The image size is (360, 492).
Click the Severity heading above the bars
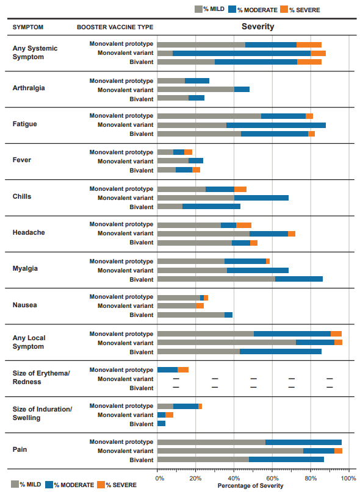(257, 27)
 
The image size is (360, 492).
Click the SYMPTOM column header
(28, 27)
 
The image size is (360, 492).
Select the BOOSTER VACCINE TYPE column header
(115, 27)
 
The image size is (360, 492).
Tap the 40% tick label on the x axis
(234, 479)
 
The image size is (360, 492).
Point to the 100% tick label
(348, 479)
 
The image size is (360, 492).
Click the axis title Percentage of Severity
(250, 486)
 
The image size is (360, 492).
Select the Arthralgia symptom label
(29, 88)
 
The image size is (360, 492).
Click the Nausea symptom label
(24, 305)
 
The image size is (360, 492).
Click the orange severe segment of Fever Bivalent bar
(196, 170)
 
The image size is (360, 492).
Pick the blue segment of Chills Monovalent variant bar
(261, 198)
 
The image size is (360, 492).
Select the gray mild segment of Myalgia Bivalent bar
(216, 279)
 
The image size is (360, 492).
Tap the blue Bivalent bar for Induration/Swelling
(161, 424)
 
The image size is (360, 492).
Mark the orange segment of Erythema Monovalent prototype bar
(183, 369)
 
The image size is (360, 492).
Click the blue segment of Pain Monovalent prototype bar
(303, 442)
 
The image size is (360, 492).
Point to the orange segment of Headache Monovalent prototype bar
(243, 225)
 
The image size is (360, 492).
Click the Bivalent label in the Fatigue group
(142, 134)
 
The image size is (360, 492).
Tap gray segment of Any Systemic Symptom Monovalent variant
(165, 53)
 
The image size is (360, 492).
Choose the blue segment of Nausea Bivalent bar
(228, 315)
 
